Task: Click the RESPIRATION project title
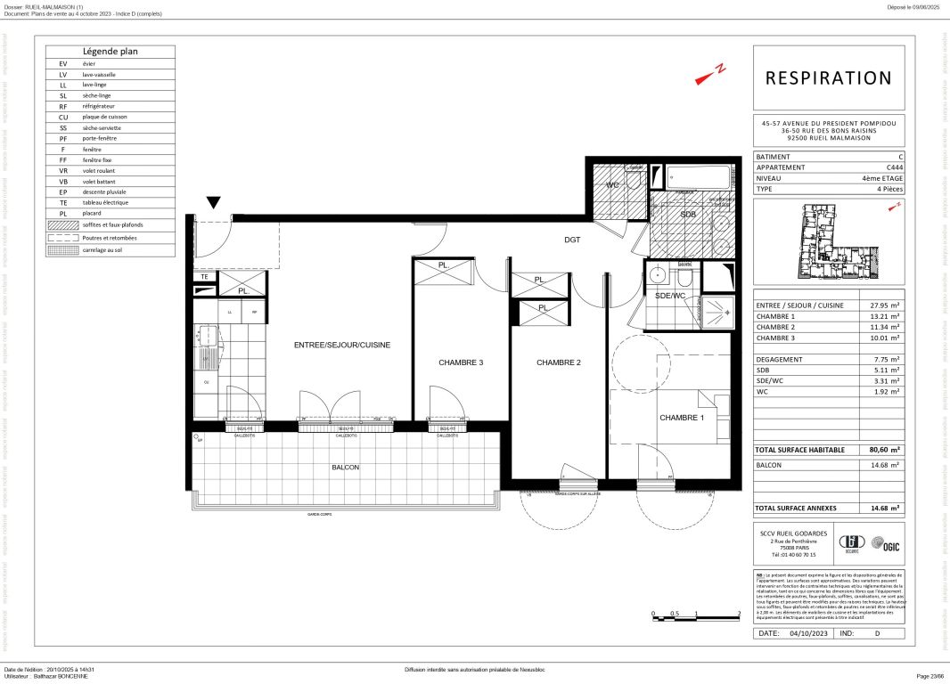(828, 78)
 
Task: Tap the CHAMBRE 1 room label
(681, 418)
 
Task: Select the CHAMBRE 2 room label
(558, 362)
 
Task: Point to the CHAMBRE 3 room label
(461, 362)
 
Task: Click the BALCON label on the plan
(346, 468)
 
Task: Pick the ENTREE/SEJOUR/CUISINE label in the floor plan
(342, 345)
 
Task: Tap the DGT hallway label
(572, 240)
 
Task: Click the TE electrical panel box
(204, 277)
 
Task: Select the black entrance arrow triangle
(214, 204)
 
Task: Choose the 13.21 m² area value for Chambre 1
(884, 315)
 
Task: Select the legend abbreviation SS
(63, 127)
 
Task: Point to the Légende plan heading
(111, 52)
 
